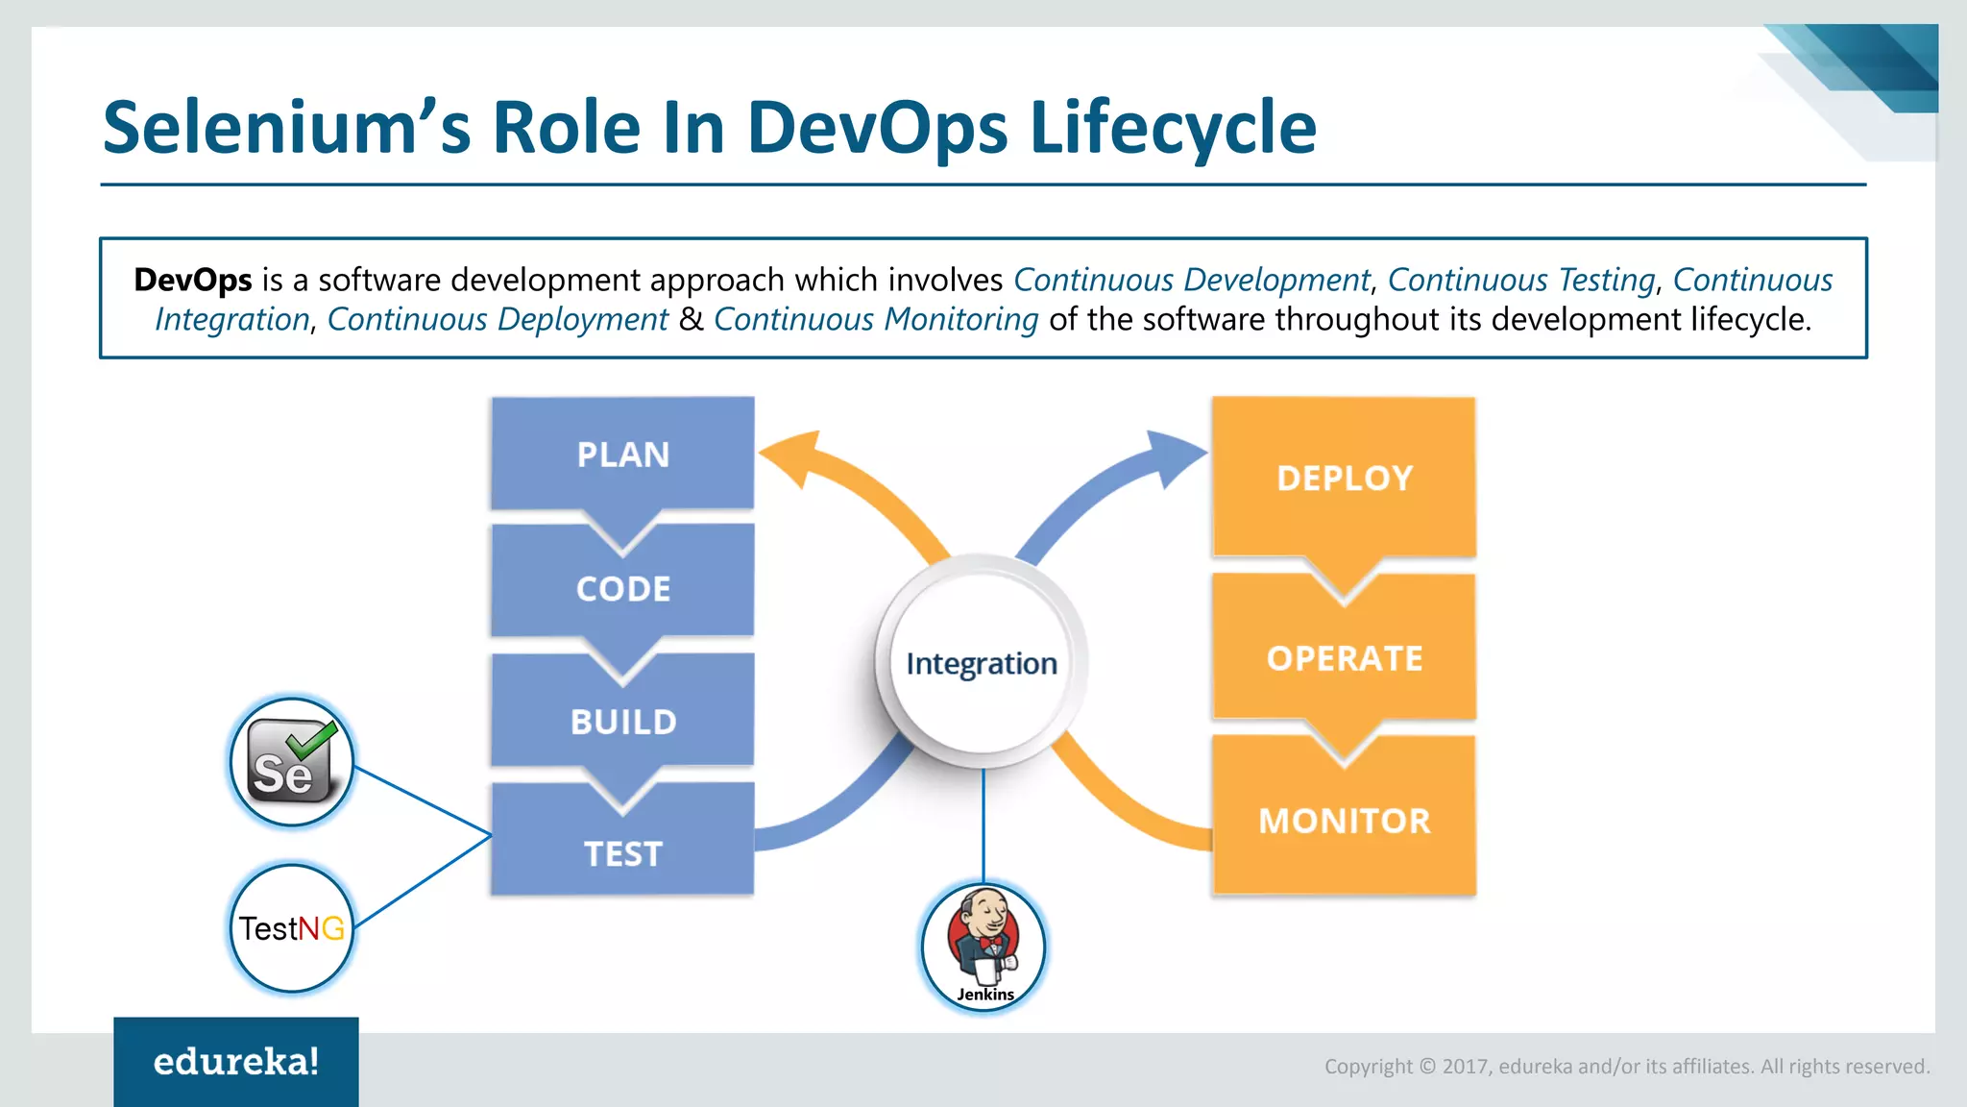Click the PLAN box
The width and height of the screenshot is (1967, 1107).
(x=622, y=454)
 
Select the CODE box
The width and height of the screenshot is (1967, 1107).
(x=622, y=588)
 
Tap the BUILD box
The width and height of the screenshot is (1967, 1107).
(x=622, y=721)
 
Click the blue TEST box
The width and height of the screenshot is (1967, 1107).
(x=622, y=853)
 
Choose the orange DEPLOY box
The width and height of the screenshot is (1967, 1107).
(x=1344, y=478)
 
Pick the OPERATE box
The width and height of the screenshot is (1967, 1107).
(x=1344, y=658)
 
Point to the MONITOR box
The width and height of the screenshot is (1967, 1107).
(x=1344, y=820)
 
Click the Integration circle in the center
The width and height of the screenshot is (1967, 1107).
(x=981, y=663)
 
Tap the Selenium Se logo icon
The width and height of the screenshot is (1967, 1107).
(x=291, y=762)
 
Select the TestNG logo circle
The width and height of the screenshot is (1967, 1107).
(x=291, y=928)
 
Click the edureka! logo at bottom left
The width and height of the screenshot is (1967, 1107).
(x=236, y=1061)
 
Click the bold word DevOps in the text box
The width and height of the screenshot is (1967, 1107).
(x=193, y=280)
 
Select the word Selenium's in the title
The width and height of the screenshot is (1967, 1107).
(x=286, y=127)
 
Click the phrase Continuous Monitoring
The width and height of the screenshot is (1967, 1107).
(x=875, y=319)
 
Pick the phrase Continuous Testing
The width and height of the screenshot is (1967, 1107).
(x=1521, y=280)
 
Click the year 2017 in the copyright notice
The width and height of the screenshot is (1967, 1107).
(x=1464, y=1067)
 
